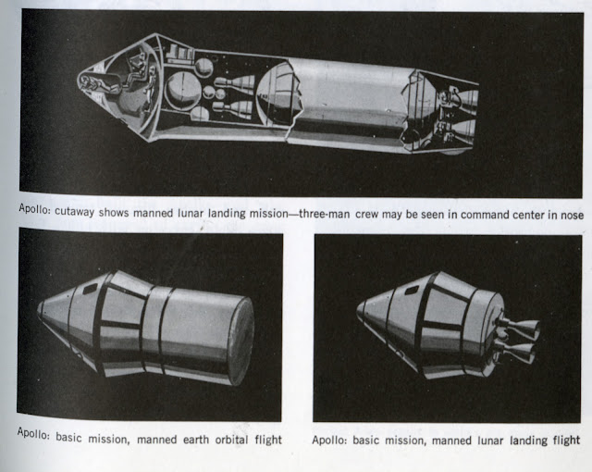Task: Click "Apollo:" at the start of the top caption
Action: click(x=34, y=209)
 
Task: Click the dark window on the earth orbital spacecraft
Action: click(x=91, y=290)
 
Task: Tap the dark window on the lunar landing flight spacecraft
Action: click(x=411, y=290)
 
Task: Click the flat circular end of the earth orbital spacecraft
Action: click(x=241, y=341)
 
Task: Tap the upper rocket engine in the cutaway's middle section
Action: click(x=234, y=82)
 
